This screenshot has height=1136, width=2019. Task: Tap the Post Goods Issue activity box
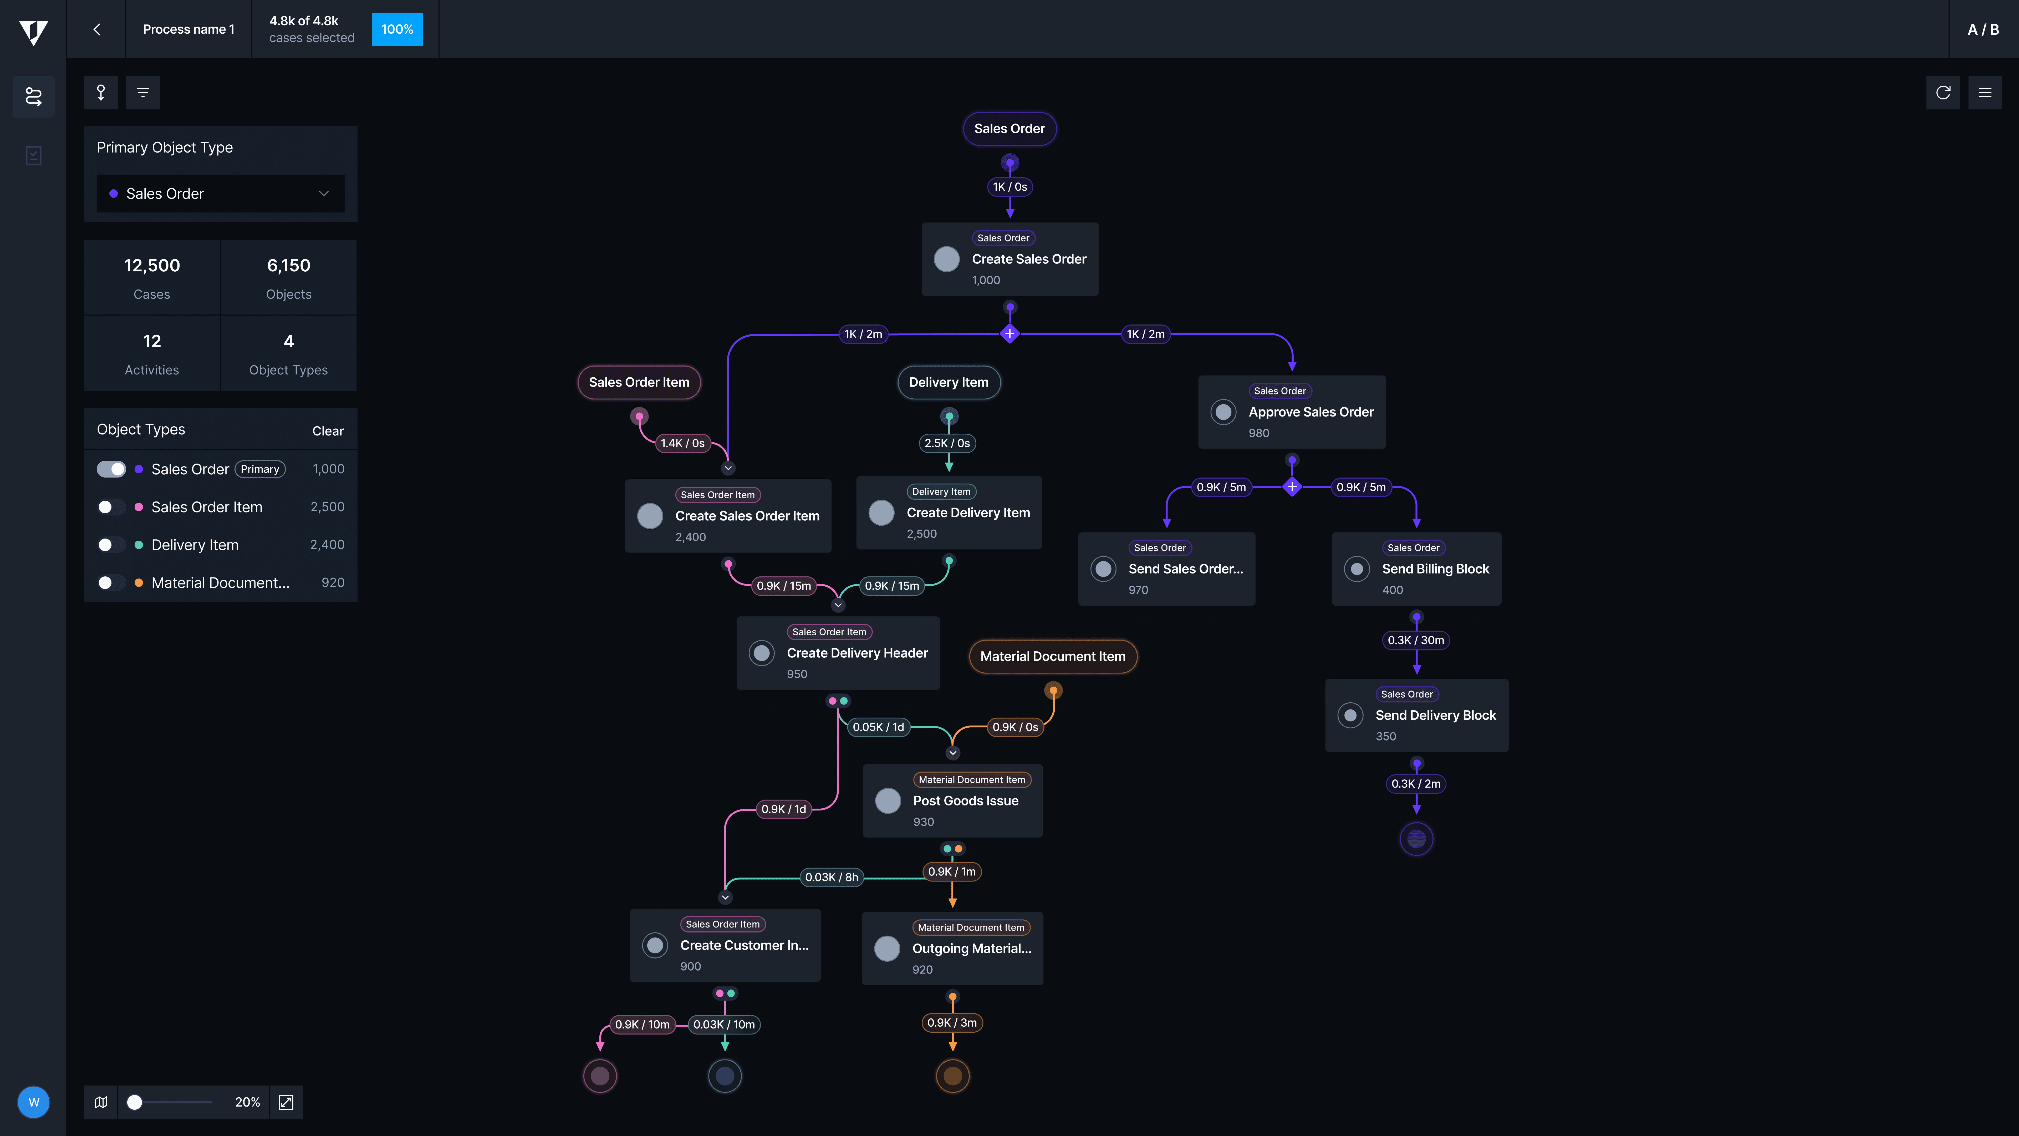952,800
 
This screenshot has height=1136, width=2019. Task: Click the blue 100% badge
397,29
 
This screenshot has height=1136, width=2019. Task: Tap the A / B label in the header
1983,29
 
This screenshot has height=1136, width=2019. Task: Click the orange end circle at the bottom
952,1076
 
